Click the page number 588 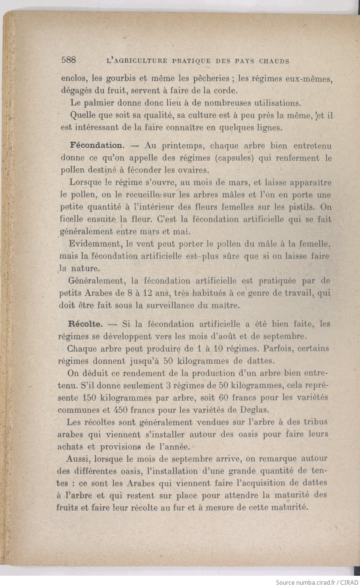coord(68,60)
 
